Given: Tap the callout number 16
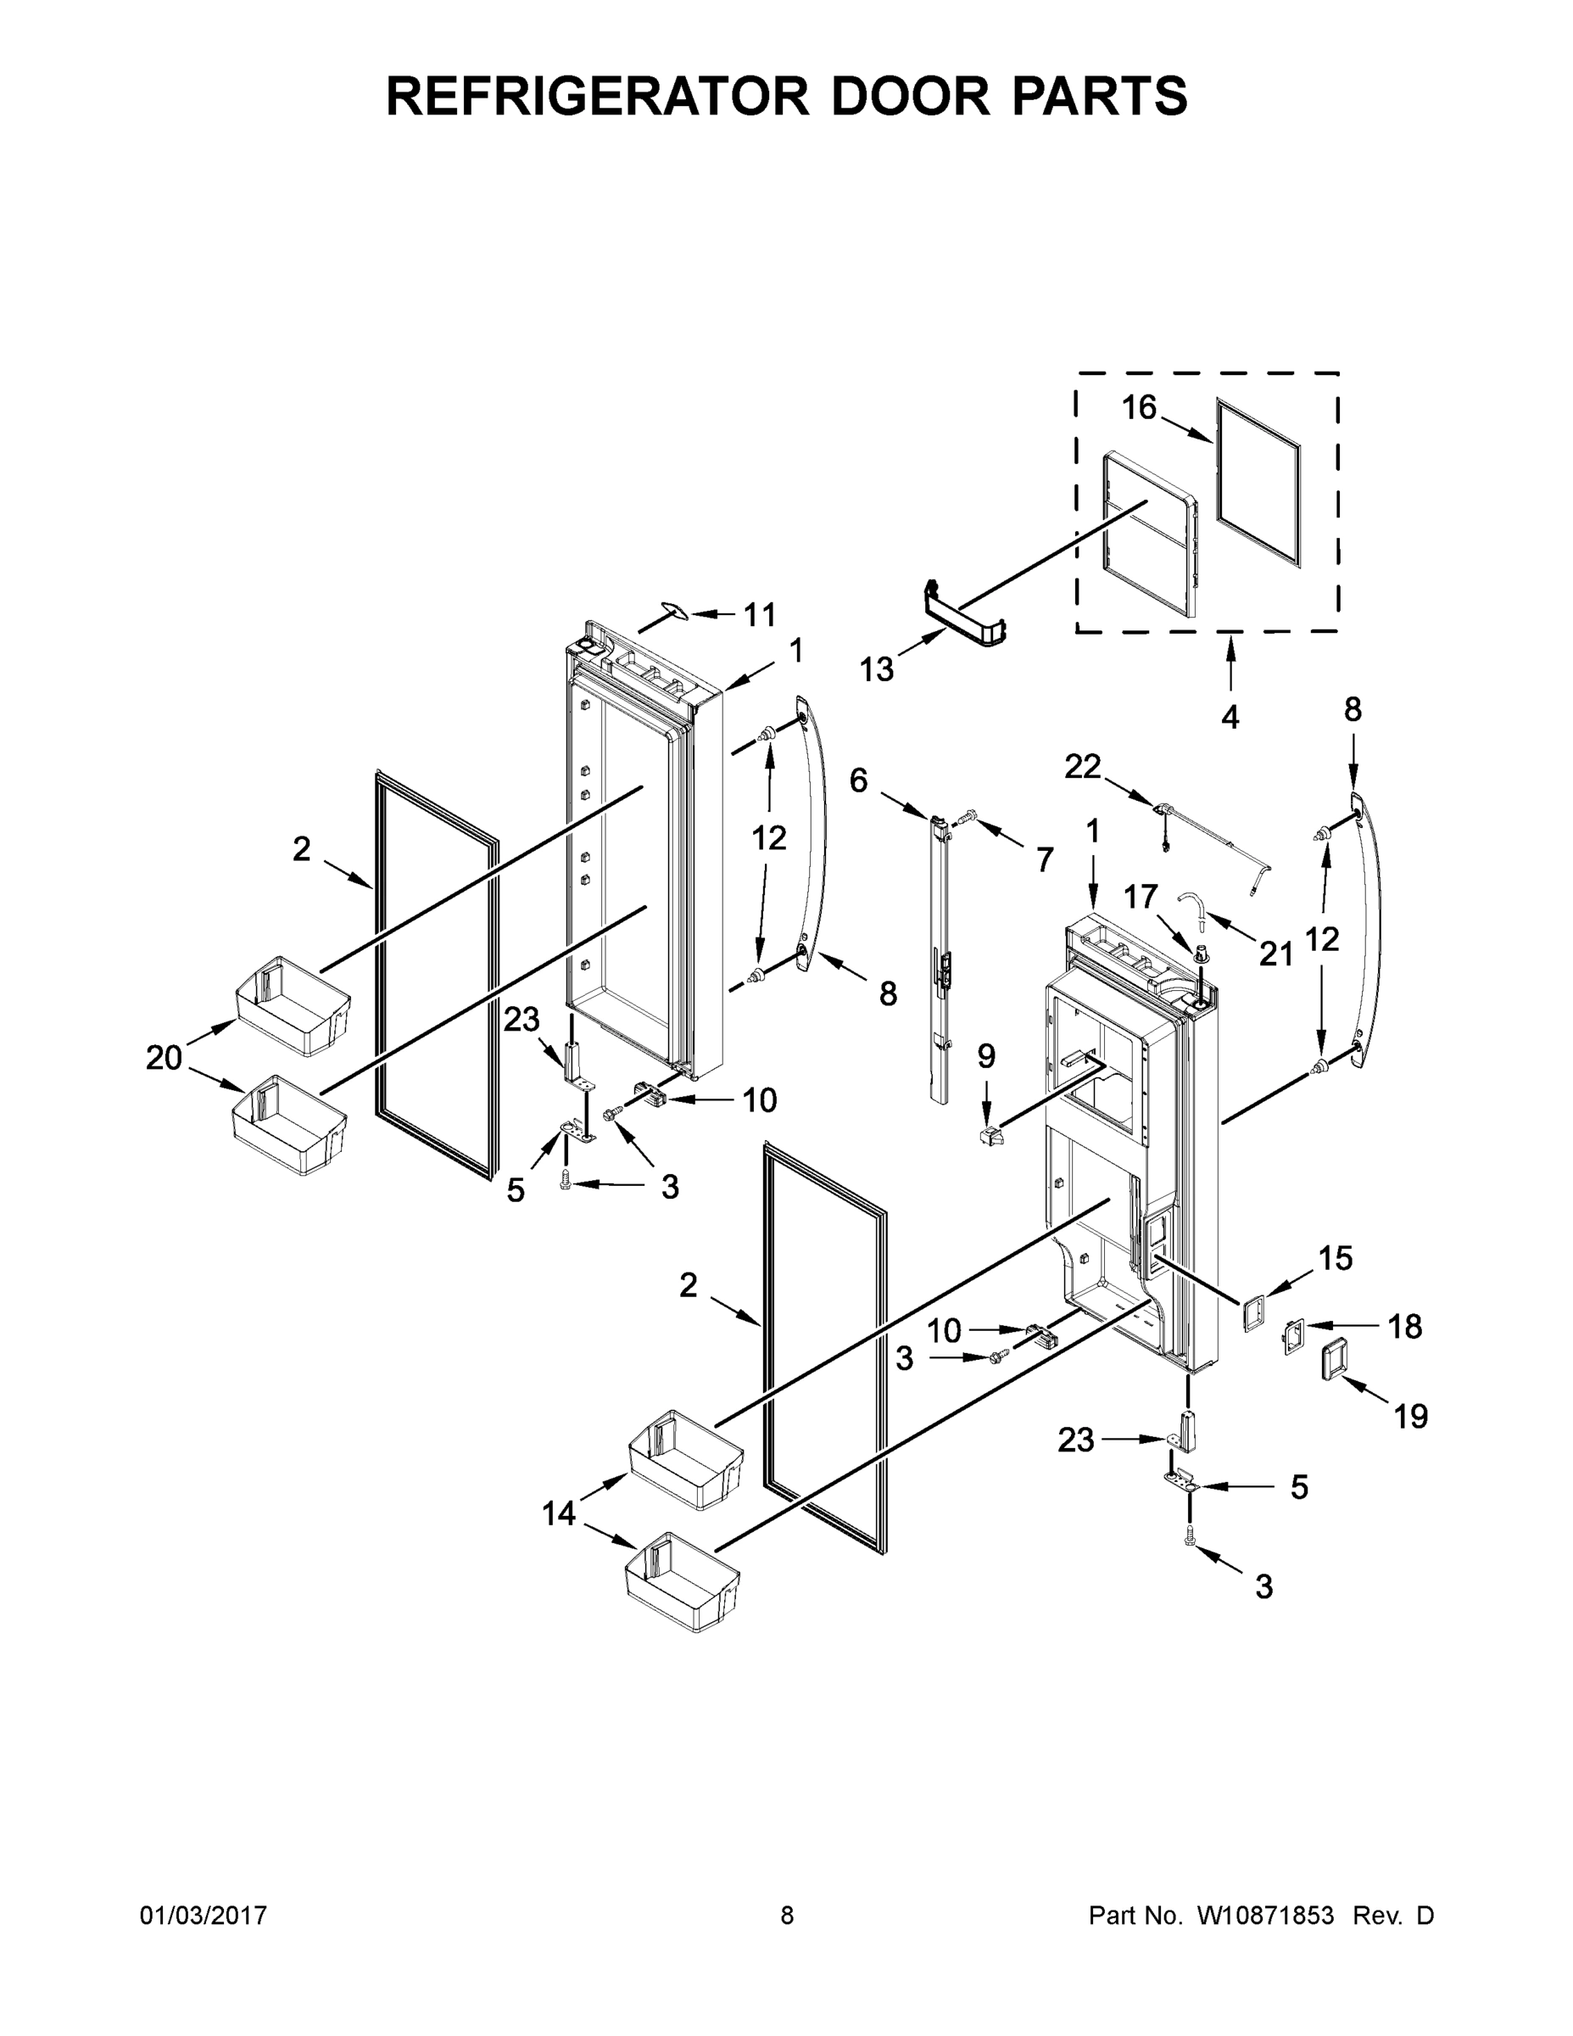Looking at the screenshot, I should (x=1139, y=407).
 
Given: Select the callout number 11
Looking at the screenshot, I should (x=760, y=614).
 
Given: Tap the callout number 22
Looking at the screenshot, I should (x=1083, y=766).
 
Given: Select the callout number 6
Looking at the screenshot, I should (x=858, y=780).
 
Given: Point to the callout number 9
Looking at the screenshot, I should (x=986, y=1056).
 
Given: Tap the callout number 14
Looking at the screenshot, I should (x=559, y=1515).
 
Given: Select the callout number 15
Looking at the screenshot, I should (x=1335, y=1259).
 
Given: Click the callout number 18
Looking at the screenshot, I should (x=1404, y=1327).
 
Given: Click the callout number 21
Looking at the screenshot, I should (x=1275, y=954).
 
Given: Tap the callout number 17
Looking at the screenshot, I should (x=1140, y=897).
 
